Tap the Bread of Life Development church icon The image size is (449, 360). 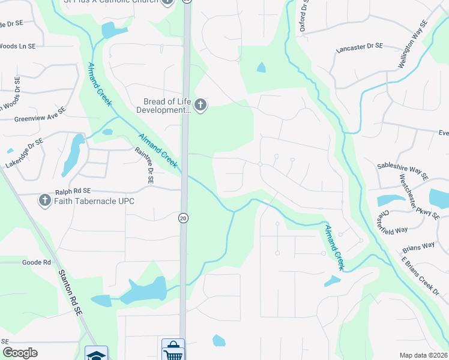[200, 106]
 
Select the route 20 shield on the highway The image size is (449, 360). [183, 218]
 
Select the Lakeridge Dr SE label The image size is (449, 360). [25, 152]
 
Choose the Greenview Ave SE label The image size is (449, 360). [39, 118]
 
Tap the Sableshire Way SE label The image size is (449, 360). [402, 170]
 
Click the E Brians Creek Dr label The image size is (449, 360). [420, 275]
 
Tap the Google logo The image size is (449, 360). [20, 353]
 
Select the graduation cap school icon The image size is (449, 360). [96, 354]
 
